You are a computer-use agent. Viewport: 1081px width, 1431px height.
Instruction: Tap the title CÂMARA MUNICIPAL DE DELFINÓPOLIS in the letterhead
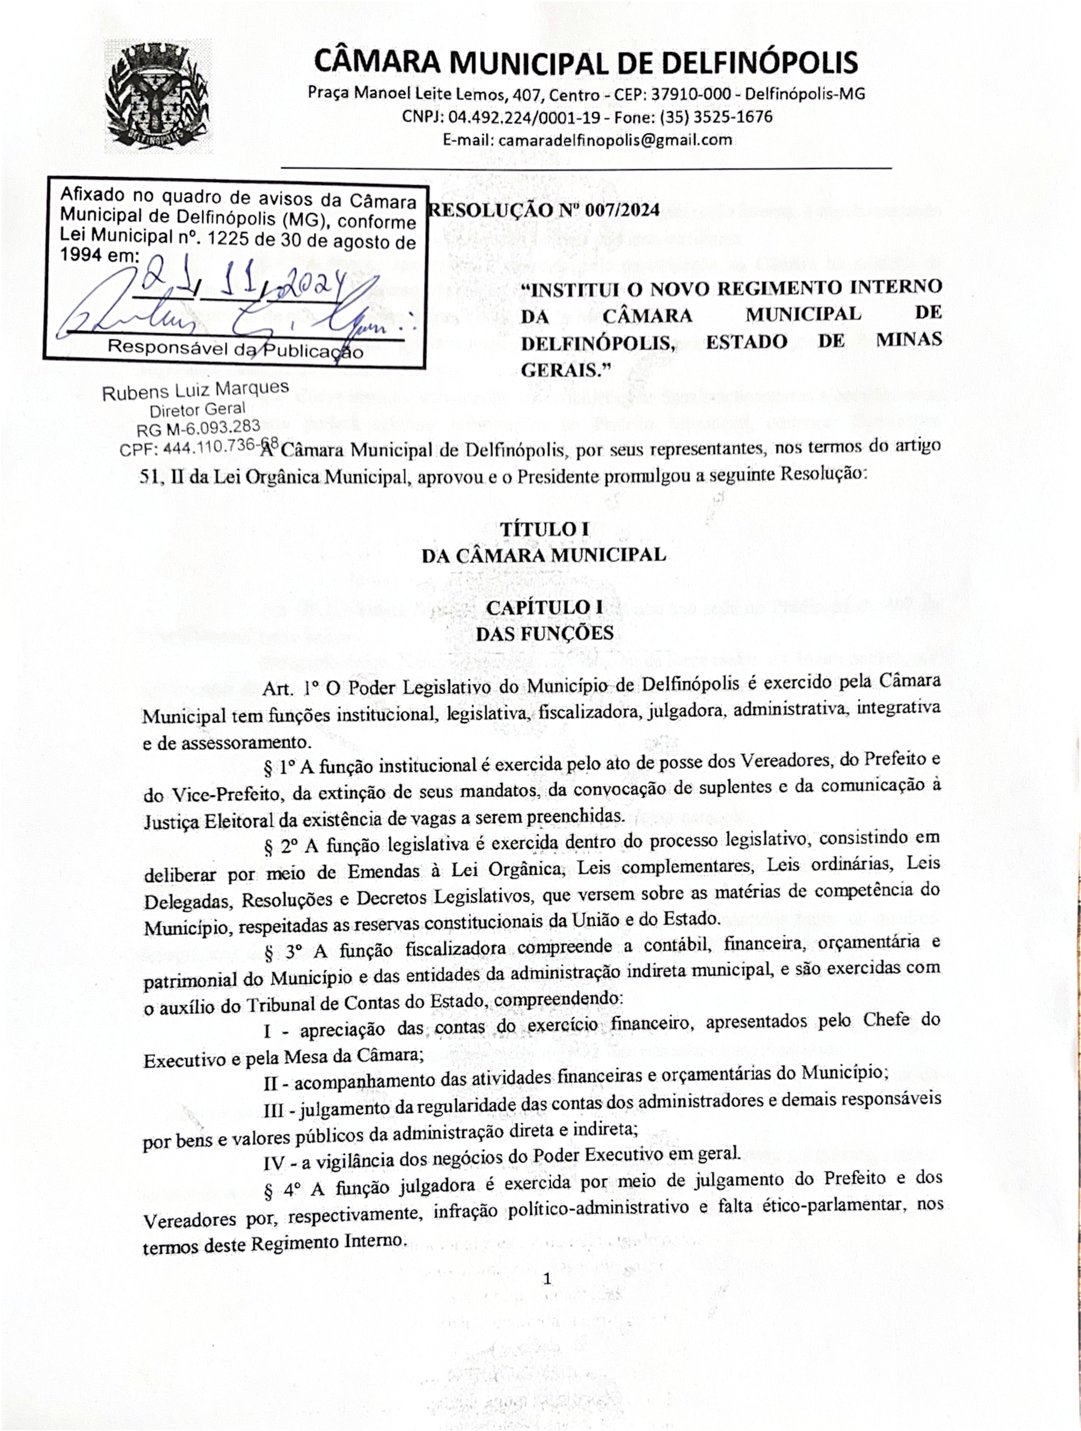(585, 63)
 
